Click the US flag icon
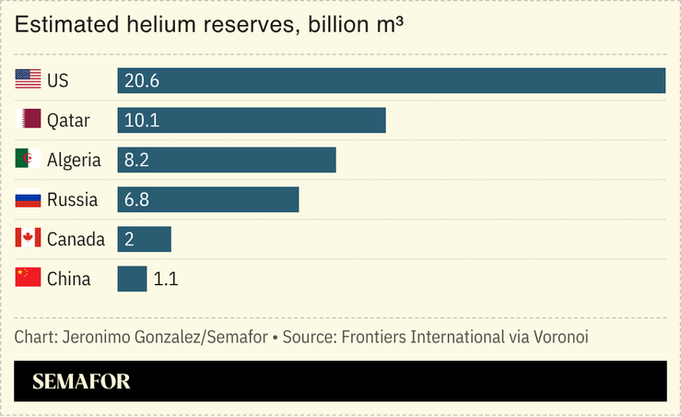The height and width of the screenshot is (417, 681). (28, 80)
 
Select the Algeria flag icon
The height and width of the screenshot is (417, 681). (28, 160)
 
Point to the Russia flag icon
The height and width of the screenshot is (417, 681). (28, 199)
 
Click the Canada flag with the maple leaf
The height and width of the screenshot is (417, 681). (28, 239)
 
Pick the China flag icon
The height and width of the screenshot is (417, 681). (28, 278)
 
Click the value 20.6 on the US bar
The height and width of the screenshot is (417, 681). (142, 81)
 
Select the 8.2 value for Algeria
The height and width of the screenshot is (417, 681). (136, 161)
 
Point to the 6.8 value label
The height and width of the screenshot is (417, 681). (136, 200)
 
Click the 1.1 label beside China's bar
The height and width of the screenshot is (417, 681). (165, 279)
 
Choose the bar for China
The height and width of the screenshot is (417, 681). (132, 279)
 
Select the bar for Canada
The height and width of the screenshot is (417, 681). (144, 239)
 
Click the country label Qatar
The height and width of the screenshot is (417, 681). (68, 121)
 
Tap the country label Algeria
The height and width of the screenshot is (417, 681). (74, 161)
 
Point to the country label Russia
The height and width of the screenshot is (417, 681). (70, 200)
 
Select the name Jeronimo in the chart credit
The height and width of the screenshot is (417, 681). (96, 337)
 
